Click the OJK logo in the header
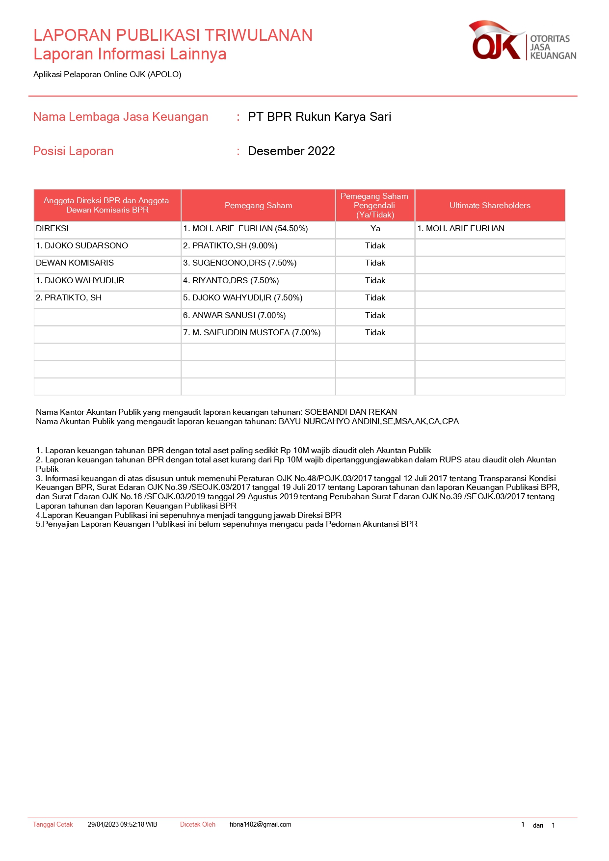click(522, 41)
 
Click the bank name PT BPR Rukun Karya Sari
click(319, 117)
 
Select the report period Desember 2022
click(291, 151)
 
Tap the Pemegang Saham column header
click(258, 206)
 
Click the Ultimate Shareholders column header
click(489, 206)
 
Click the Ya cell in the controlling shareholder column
click(375, 229)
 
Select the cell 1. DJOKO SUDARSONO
click(82, 246)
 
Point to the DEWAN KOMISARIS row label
click(75, 263)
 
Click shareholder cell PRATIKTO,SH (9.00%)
click(230, 246)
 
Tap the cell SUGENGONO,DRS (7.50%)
click(239, 263)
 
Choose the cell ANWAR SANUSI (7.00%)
click(234, 316)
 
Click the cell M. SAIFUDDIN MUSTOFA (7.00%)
click(252, 333)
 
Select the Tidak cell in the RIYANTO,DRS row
click(375, 281)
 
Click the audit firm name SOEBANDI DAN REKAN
click(350, 412)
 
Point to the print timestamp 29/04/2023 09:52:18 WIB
click(122, 825)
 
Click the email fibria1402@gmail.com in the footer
click(260, 825)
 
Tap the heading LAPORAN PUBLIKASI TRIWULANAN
click(173, 35)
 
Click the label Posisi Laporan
click(73, 151)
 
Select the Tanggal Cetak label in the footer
click(53, 825)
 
